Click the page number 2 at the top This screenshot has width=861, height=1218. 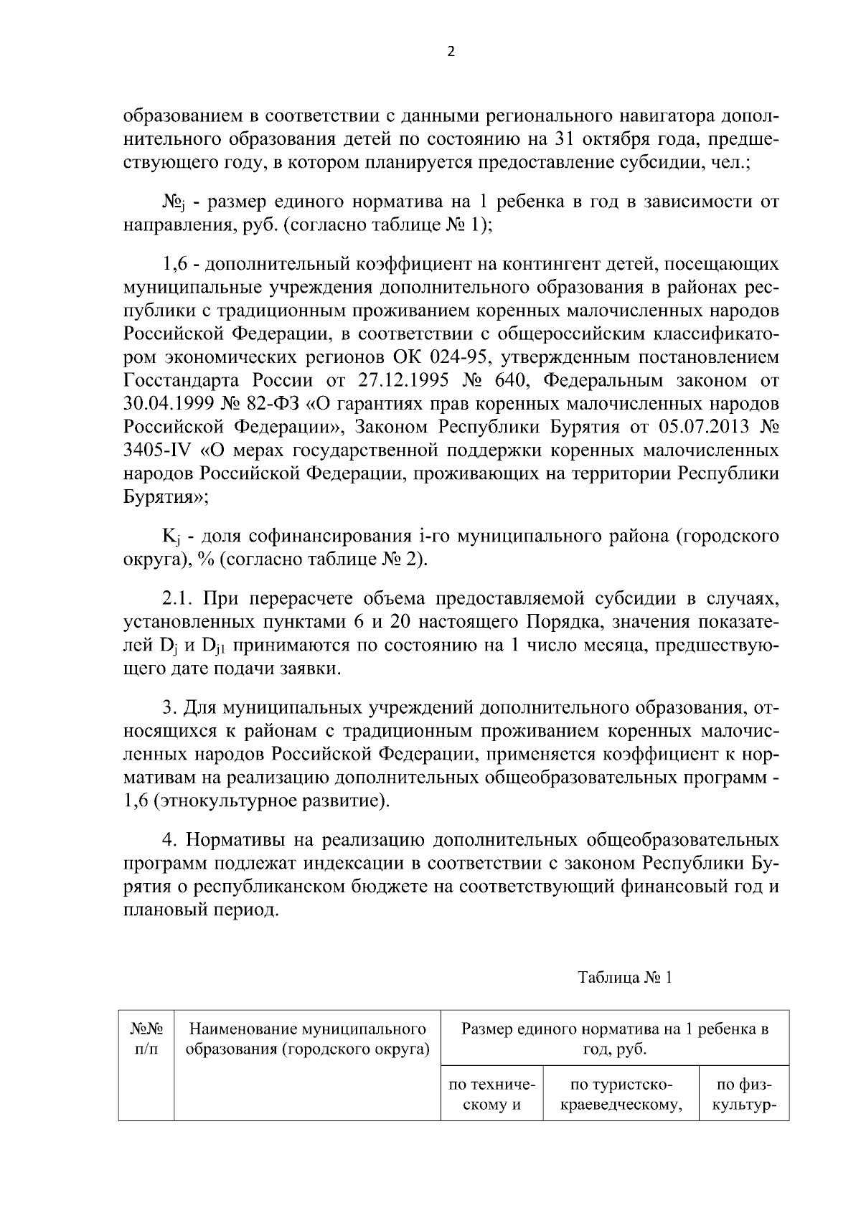coord(451,51)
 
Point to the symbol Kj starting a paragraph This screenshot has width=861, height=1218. coord(171,537)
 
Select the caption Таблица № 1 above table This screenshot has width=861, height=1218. coord(624,978)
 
